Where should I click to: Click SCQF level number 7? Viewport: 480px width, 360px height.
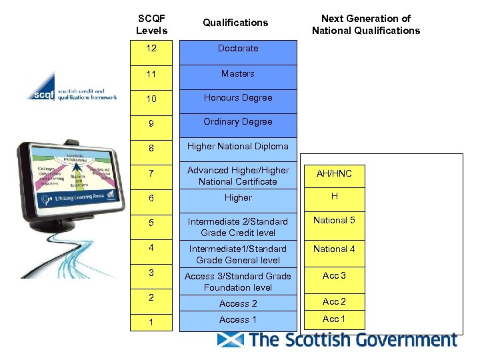tap(151, 173)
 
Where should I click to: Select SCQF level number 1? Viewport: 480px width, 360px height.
tap(151, 322)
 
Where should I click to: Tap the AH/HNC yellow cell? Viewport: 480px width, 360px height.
tap(334, 174)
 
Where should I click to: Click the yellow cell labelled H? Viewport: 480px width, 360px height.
tap(334, 197)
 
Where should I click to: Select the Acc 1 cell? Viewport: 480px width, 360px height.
tap(334, 320)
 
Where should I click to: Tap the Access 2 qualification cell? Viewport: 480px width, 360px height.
tap(238, 303)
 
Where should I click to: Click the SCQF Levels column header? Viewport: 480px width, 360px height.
tap(151, 25)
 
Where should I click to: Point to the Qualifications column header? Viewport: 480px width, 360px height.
tap(235, 23)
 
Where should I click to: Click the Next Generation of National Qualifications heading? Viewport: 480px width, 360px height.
tap(366, 25)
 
